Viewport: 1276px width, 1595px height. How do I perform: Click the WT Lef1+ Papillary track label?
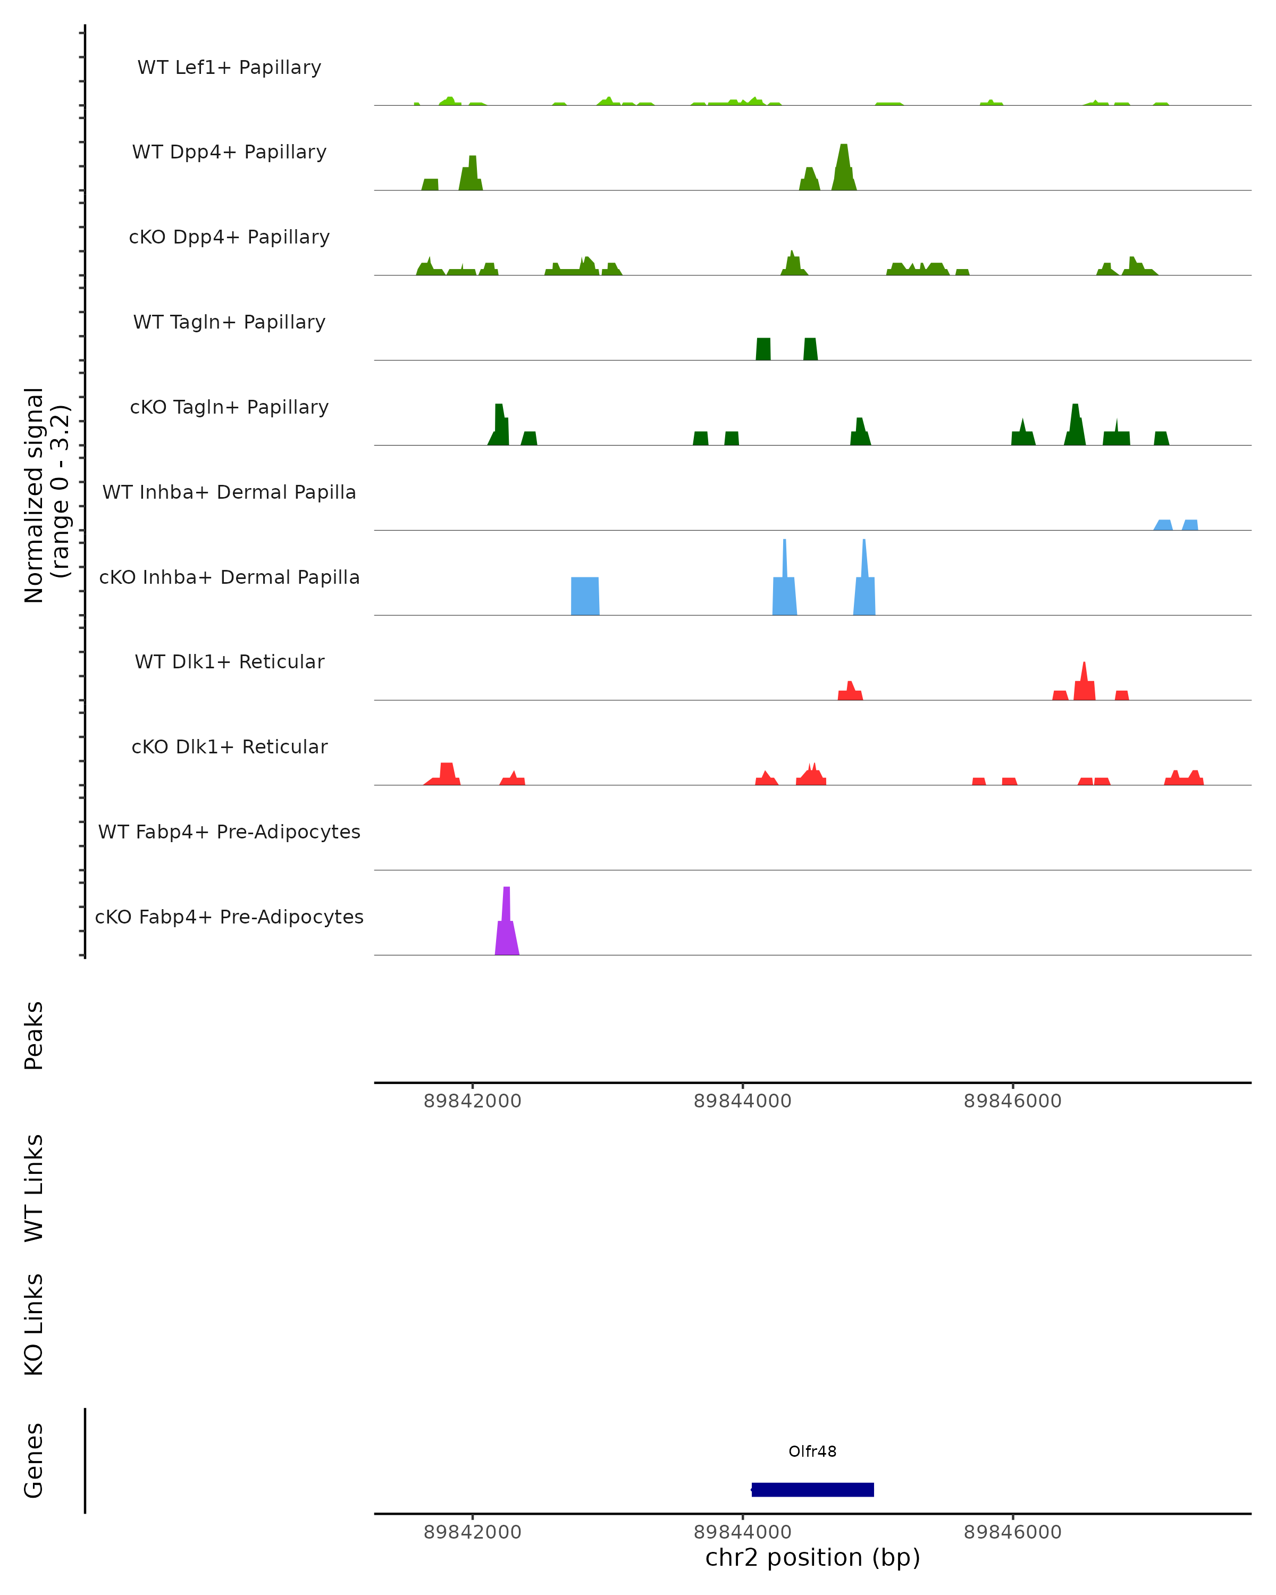229,68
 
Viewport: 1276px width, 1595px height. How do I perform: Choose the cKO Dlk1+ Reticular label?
229,746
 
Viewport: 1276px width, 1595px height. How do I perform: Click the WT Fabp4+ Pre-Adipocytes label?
229,832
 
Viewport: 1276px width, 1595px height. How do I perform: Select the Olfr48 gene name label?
812,1451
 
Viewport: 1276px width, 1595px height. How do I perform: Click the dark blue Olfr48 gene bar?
812,1489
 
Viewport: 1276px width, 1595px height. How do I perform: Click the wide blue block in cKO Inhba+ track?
585,597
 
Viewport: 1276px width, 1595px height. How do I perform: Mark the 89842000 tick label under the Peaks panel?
473,1101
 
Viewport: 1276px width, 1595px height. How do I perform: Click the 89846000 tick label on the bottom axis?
1013,1532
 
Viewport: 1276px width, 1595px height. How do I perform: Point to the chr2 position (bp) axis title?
812,1558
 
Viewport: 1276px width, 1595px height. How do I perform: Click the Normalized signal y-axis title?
46,495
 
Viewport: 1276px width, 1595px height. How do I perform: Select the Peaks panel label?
34,1036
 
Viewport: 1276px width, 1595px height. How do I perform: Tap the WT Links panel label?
34,1188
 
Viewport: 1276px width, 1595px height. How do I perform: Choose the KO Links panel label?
34,1325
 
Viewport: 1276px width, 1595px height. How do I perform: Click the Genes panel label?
34,1460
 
